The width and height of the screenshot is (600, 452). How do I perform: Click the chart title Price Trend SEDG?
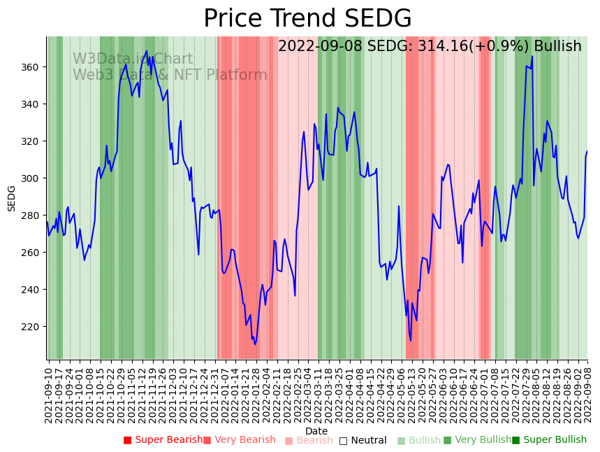pos(307,19)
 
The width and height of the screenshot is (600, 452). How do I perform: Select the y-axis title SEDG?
pos(12,198)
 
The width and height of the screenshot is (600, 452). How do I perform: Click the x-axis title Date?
pos(316,431)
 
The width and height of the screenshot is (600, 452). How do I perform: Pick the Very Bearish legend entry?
pos(240,440)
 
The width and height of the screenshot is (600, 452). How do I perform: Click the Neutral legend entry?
pos(363,440)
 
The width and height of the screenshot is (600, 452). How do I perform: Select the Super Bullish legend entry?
pos(549,440)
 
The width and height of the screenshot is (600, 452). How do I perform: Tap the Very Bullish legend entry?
pos(477,440)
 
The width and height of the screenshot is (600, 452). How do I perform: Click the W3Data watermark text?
pos(133,59)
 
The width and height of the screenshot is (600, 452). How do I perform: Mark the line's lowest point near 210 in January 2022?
pos(255,344)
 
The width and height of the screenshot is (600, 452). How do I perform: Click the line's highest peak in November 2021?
pos(147,51)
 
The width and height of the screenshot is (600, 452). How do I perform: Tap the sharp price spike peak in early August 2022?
pos(532,57)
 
